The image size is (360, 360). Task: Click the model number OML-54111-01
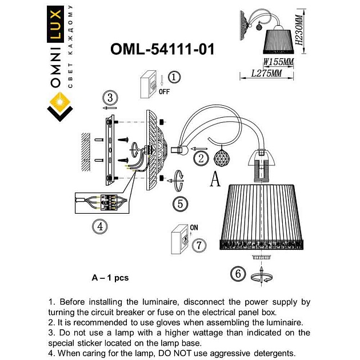[x=162, y=50]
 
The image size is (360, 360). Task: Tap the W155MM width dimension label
[x=278, y=62]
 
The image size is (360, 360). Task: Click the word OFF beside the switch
[x=165, y=91]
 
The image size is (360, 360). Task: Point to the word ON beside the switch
[x=194, y=227]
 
